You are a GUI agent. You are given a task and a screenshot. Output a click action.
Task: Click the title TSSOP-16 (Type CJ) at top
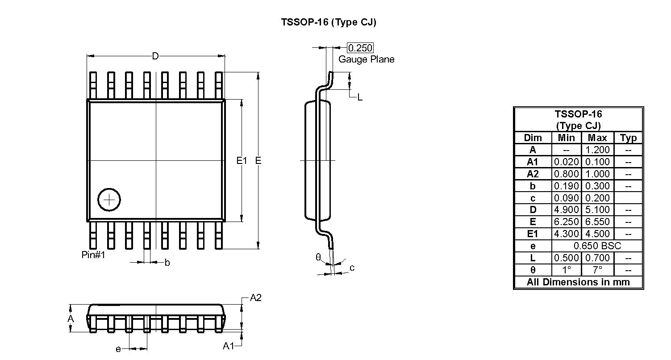click(329, 22)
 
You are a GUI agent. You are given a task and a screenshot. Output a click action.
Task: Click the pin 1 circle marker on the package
click(109, 199)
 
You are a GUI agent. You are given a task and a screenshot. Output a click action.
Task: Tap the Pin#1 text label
click(93, 255)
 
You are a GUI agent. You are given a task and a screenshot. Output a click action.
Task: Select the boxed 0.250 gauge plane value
click(360, 48)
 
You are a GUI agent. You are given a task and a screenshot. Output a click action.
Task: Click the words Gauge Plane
click(366, 59)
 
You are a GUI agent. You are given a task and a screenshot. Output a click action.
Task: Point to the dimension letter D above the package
click(155, 56)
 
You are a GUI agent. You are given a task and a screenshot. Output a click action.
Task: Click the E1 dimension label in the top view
click(242, 160)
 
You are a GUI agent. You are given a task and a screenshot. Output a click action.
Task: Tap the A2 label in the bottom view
click(255, 298)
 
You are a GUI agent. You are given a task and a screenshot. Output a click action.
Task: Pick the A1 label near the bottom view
click(229, 346)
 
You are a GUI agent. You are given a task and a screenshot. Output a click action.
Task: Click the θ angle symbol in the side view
click(318, 257)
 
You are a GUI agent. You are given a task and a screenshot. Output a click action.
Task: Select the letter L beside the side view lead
click(360, 97)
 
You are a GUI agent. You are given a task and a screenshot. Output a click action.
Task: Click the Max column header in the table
click(597, 138)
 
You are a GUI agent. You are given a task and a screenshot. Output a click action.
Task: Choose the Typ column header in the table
click(628, 138)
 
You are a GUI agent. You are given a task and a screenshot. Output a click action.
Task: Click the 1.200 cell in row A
click(597, 150)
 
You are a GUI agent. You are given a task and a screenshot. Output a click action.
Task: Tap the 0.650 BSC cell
click(597, 246)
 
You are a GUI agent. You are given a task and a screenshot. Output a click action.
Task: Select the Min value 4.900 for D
click(567, 210)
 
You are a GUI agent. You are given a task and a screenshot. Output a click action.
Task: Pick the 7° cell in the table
click(597, 270)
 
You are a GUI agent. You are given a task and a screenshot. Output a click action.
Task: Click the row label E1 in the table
click(533, 234)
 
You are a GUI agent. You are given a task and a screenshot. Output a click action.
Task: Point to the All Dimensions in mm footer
click(578, 282)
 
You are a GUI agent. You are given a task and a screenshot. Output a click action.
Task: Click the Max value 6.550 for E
click(597, 222)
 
